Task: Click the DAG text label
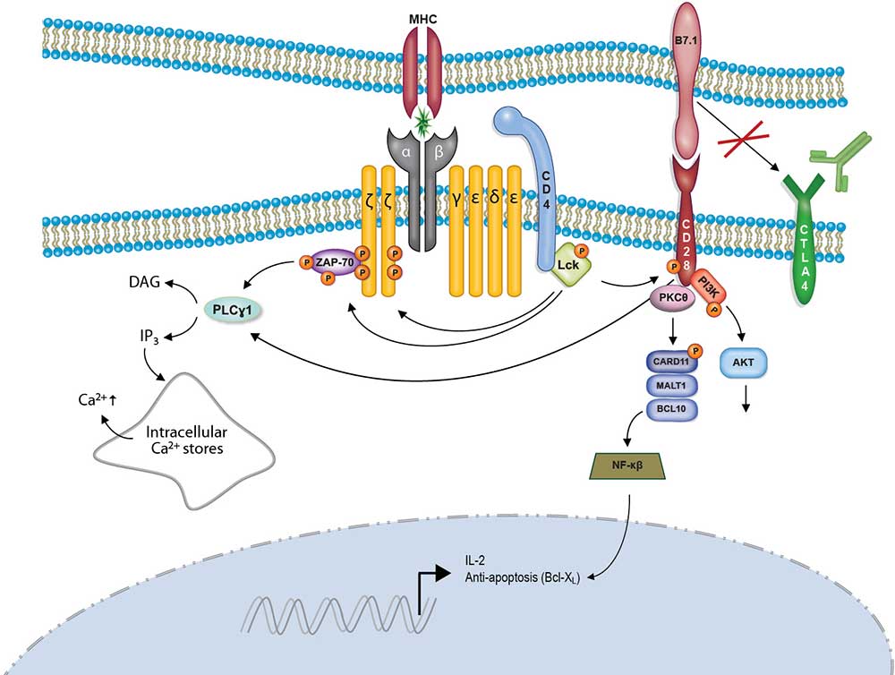146,282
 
